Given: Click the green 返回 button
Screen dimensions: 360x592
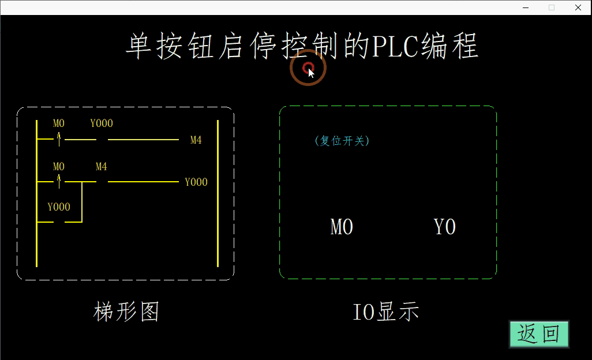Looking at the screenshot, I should coord(539,334).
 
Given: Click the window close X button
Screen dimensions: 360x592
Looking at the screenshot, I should coord(578,7).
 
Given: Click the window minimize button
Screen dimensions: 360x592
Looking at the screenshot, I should coord(526,7).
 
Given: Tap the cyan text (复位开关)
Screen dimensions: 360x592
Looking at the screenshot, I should coord(342,141).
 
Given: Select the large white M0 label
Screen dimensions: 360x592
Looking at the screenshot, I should coord(342,227).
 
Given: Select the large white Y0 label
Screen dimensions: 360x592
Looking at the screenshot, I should coord(445,227).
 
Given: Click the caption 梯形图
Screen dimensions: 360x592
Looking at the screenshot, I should coord(126,312).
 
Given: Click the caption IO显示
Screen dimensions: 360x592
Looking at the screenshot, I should coord(385,312).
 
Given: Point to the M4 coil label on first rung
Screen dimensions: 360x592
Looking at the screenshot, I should coord(196,140).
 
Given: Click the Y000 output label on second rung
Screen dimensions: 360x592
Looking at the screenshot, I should coord(196,182).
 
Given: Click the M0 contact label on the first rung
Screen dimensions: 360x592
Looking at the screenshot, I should coord(59,123).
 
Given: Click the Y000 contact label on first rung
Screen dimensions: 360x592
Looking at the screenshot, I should coord(102,123).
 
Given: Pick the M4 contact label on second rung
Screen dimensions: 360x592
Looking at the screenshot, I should coord(101,167).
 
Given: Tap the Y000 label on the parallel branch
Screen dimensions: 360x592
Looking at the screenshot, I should coord(59,207).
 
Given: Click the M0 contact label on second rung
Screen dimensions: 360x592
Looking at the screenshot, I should coord(59,167).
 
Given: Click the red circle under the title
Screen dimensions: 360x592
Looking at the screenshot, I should coord(308,68).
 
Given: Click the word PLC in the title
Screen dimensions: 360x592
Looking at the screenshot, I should coord(396,46).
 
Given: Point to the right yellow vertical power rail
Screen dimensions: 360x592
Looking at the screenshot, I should coord(218,193).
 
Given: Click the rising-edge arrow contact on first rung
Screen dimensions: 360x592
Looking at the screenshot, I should coord(59,140).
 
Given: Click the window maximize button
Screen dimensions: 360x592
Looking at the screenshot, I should coord(552,7).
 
